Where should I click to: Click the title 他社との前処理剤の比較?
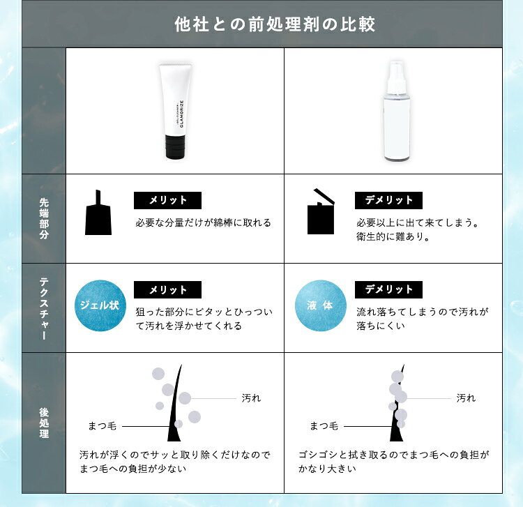coord(275,24)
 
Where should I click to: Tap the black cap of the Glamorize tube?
coord(175,146)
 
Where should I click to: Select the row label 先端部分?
coord(44,218)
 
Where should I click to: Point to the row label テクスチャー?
coord(44,308)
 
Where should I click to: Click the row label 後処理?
coord(44,423)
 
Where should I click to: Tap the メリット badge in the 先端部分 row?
coord(167,200)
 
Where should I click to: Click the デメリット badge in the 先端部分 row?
coord(388,200)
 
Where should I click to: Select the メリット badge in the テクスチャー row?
coord(167,289)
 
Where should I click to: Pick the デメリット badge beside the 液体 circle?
coord(388,289)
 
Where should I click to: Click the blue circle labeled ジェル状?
coord(100,305)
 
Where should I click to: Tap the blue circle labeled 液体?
coord(321,305)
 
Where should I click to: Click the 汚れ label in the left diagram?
coord(251,398)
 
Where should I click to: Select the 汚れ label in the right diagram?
coord(466,398)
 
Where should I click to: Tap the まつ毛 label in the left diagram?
coord(102,426)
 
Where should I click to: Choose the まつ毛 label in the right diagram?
coord(324,426)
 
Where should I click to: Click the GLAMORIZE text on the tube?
coord(182,114)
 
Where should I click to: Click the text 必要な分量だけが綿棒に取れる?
coord(203,222)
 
